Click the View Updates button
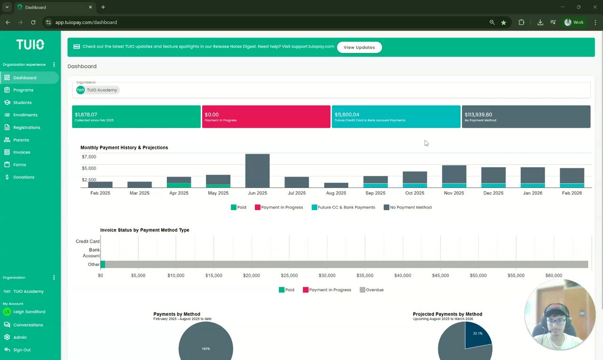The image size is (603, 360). tap(359, 47)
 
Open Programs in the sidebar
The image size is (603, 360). tap(23, 90)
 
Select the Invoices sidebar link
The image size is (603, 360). tap(22, 152)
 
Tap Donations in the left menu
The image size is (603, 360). tap(24, 177)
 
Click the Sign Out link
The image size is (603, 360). tap(22, 350)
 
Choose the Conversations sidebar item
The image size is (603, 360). tap(28, 325)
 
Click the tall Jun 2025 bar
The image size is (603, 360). tap(257, 171)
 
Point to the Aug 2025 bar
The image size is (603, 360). tap(336, 185)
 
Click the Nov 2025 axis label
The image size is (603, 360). tap(454, 193)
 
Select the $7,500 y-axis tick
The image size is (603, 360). tap(89, 157)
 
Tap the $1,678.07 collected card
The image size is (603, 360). tap(136, 116)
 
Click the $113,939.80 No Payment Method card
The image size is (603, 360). tap(526, 116)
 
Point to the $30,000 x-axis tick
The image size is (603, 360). tap(327, 276)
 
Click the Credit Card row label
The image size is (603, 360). tap(88, 241)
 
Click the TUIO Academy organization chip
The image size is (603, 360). tap(98, 90)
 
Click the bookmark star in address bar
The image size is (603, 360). tap(504, 22)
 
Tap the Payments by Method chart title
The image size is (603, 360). tap(177, 314)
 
